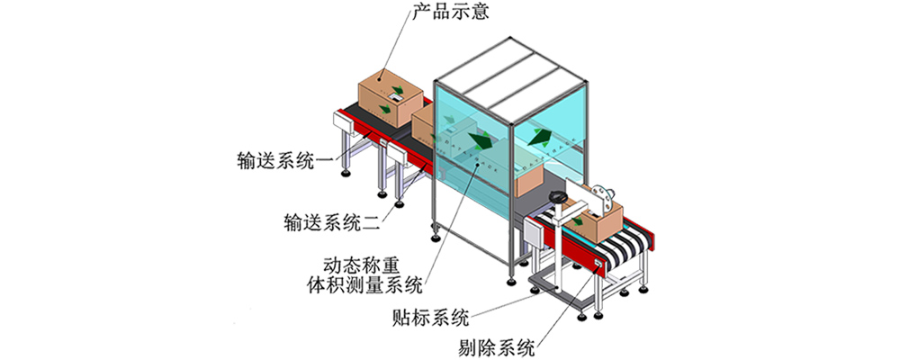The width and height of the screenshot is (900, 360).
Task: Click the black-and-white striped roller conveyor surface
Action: pos(621,247)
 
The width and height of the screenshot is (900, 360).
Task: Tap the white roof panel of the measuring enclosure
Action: pos(513,67)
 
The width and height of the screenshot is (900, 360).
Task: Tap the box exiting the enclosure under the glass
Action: pos(529,180)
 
